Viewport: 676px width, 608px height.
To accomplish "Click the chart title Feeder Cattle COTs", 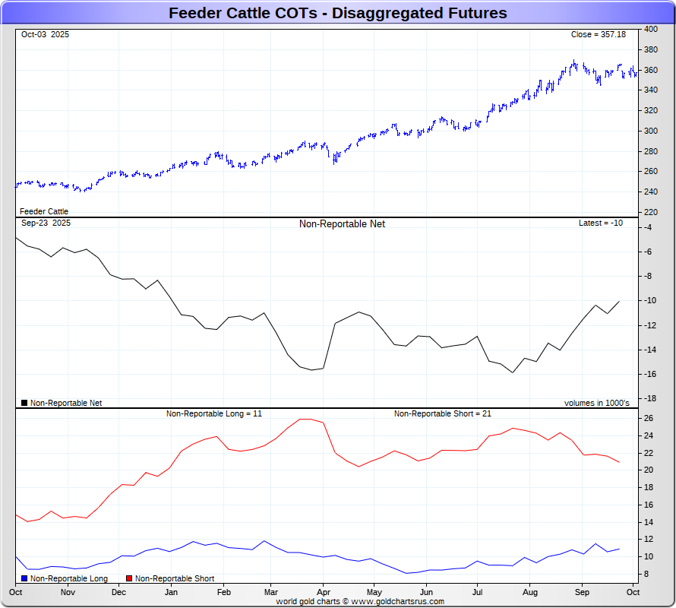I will [337, 13].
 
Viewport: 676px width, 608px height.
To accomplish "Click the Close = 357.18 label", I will [598, 35].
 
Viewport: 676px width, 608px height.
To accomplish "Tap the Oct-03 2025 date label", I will [45, 35].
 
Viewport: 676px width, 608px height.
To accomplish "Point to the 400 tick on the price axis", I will [651, 29].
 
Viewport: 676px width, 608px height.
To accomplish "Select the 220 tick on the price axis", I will [651, 212].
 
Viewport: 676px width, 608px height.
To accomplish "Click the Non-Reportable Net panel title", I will [342, 224].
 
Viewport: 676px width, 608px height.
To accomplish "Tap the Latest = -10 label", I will [601, 223].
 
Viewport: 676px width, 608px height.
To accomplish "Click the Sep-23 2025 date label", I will [46, 223].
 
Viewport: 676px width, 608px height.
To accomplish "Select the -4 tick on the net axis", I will [648, 227].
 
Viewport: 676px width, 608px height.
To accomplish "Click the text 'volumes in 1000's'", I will [596, 403].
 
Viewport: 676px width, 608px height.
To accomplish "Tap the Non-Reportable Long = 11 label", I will [214, 413].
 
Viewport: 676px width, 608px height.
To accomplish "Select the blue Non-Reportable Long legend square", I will [24, 579].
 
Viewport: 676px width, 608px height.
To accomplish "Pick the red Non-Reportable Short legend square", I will [129, 579].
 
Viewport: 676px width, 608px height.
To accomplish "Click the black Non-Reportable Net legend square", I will [24, 403].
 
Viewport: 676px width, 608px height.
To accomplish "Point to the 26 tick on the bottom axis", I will [649, 418].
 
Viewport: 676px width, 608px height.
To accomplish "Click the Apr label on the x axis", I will [324, 592].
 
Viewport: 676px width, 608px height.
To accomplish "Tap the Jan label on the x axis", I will [171, 592].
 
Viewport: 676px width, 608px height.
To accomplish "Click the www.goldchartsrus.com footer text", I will [398, 601].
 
